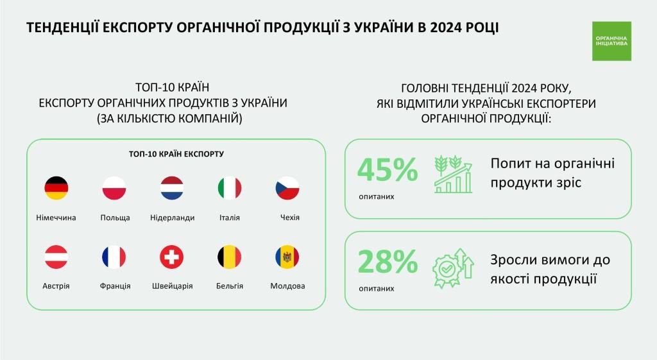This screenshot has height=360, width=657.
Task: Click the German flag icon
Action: point(56,188)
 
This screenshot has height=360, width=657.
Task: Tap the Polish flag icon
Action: point(114,188)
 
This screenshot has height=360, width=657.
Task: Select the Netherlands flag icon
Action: point(172,188)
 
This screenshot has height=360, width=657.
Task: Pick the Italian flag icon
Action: point(230,188)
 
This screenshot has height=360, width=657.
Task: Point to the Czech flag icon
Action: point(287,188)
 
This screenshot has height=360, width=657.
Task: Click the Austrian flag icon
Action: point(56,257)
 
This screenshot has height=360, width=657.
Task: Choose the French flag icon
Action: point(114,257)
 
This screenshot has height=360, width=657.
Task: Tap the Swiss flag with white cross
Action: point(172,257)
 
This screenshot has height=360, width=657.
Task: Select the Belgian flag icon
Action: point(230,257)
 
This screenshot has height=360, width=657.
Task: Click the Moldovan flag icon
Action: point(287,257)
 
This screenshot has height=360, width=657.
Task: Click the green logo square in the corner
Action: point(611,41)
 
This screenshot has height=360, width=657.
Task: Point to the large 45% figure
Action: point(388,170)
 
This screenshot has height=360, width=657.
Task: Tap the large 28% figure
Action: point(388,262)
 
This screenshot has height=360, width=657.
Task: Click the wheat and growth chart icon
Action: point(453,173)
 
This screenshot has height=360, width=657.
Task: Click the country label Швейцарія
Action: point(172,286)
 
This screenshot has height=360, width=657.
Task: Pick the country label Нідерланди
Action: point(172,218)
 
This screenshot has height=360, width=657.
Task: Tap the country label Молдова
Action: point(287,286)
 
